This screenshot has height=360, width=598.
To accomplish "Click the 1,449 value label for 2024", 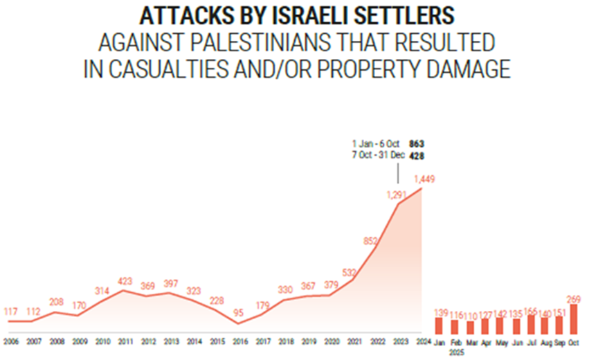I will tap(424, 180).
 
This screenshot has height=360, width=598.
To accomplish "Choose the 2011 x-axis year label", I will tap(125, 342).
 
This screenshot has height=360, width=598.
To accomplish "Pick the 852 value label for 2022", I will tap(371, 242).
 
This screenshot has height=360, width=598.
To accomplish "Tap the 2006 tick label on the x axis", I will tap(11, 342).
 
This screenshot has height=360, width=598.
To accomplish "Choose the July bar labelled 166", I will tap(530, 325).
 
